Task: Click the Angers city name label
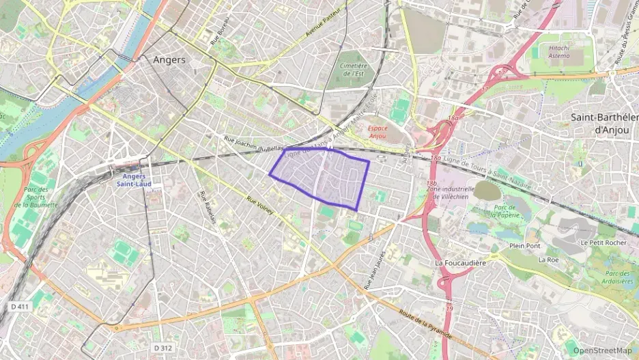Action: [169, 60]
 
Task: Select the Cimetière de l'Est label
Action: [353, 69]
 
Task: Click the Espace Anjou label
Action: [377, 132]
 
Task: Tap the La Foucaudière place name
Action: [461, 262]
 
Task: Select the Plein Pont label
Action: [524, 245]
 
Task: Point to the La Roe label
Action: [548, 260]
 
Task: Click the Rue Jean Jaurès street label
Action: [375, 270]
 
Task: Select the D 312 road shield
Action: [162, 348]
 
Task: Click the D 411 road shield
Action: [20, 307]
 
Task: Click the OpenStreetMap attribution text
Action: [602, 350]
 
